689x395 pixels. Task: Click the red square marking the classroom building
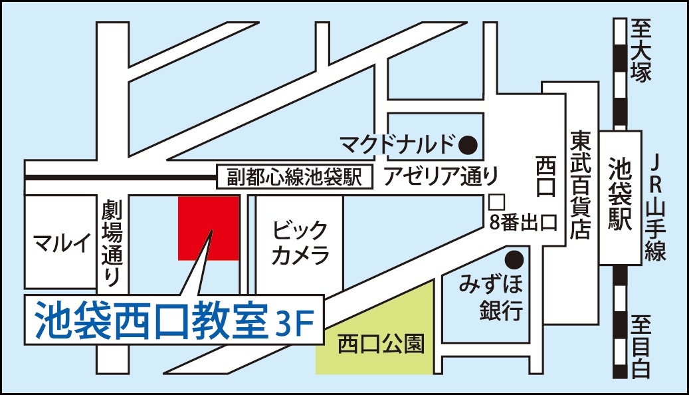[x=208, y=227]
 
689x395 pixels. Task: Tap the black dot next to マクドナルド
[x=469, y=142]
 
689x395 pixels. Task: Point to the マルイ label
[x=61, y=244]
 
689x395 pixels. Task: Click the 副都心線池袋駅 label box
[x=294, y=177]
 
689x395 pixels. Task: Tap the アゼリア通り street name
[x=440, y=176]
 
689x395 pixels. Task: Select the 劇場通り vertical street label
[x=111, y=244]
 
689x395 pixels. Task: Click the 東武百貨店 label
[x=580, y=184]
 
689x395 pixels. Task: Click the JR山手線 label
[x=656, y=206]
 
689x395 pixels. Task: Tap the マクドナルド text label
[x=397, y=142]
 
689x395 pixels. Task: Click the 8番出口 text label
[x=522, y=223]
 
